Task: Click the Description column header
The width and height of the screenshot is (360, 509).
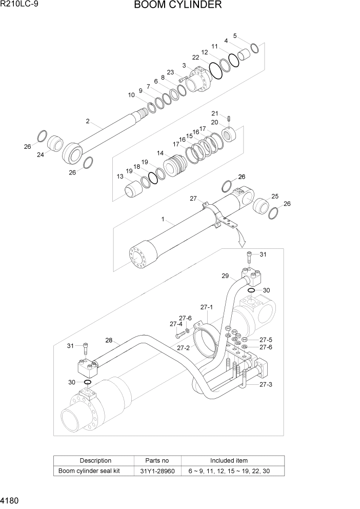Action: pos(95,461)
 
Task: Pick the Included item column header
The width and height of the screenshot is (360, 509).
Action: pos(229,461)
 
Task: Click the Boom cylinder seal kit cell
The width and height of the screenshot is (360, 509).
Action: pos(89,471)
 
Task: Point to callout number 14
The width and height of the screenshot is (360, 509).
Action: pos(161,153)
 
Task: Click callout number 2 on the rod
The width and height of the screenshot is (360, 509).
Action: pos(88,122)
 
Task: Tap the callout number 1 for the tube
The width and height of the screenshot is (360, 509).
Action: pos(163,219)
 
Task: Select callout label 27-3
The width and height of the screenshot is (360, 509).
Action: pos(265,384)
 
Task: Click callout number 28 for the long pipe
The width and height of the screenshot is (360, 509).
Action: pos(109,340)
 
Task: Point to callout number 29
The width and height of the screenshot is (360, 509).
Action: pos(225,276)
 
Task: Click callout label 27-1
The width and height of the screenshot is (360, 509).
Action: pos(206,307)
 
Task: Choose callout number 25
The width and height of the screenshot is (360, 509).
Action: pos(274,197)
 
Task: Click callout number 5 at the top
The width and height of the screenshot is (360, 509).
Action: pos(235,36)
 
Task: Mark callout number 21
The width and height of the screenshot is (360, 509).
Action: pos(215,113)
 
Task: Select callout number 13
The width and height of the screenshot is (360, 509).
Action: pos(120,177)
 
